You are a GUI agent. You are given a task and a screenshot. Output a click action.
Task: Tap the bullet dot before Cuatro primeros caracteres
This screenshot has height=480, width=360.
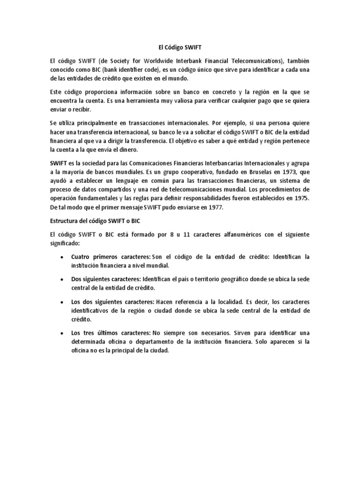coord(62,257)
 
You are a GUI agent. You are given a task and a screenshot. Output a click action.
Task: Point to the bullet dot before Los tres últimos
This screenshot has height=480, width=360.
coord(62,332)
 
